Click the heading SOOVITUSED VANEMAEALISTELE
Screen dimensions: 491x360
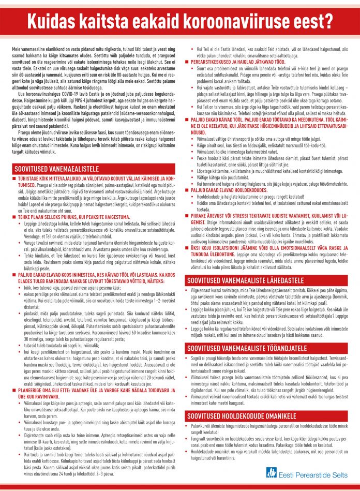pyautogui.click(x=63, y=169)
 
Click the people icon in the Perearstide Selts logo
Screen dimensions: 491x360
pyautogui.click(x=272, y=472)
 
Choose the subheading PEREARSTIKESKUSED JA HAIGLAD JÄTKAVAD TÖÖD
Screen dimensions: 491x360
pyautogui.click(x=248, y=62)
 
